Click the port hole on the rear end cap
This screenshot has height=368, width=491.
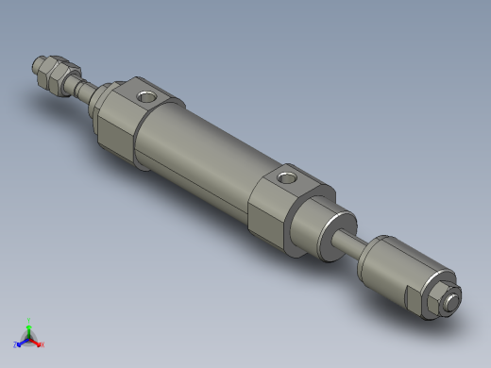pos(146,95)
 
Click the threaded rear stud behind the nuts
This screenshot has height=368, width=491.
pos(83,92)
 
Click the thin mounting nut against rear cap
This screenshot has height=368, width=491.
pos(101,102)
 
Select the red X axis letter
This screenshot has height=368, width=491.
pos(42,344)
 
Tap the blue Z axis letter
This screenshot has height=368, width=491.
pos(16,344)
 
